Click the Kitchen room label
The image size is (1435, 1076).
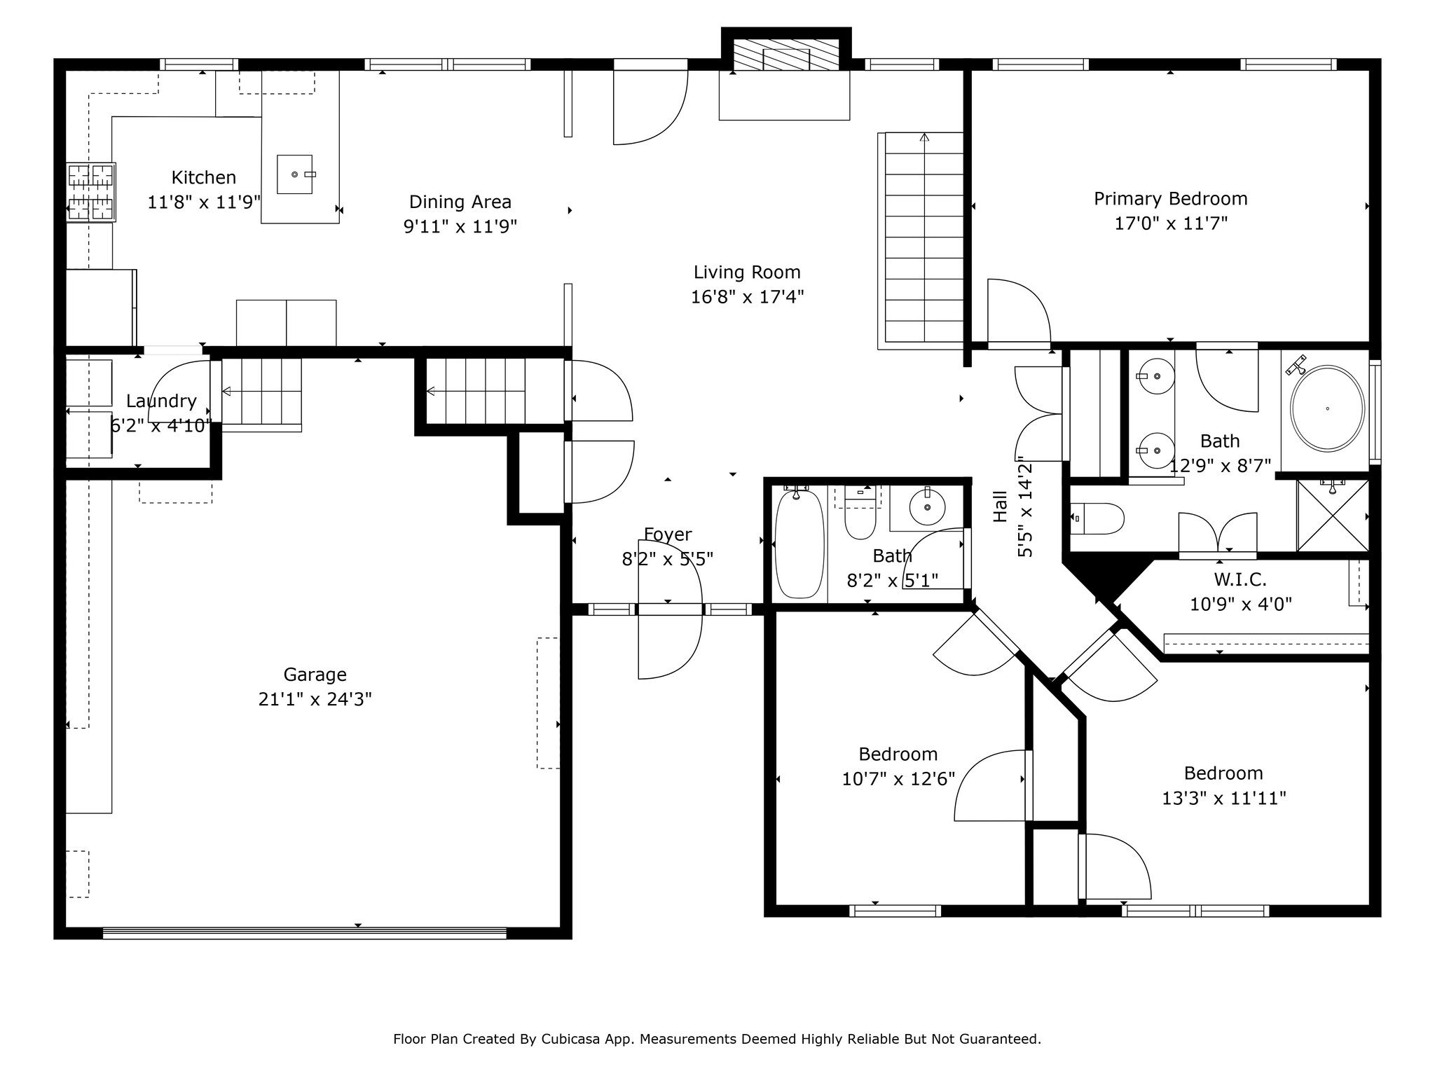pos(204,177)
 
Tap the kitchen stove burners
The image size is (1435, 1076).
pos(91,192)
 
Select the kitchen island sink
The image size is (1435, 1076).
pos(295,174)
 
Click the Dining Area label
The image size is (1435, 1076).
pos(460,202)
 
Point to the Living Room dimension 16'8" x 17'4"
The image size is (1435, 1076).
pos(747,297)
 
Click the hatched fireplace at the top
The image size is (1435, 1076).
pos(785,55)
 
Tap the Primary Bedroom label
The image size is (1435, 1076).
pos(1171,199)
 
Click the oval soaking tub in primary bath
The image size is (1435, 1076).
pos(1328,408)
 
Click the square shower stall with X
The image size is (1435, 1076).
pos(1333,516)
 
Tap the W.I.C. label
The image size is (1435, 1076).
pos(1240,579)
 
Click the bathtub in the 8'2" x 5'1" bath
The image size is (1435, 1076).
pos(799,544)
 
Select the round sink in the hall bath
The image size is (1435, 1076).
pos(927,506)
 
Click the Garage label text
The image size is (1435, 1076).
pos(315,675)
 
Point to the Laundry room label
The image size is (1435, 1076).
pos(161,401)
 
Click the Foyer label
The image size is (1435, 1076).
pos(668,534)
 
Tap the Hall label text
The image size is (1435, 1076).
pos(1000,506)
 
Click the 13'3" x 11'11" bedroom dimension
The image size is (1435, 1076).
pos(1224,798)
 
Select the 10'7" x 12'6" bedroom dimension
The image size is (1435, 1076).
pos(898,779)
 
